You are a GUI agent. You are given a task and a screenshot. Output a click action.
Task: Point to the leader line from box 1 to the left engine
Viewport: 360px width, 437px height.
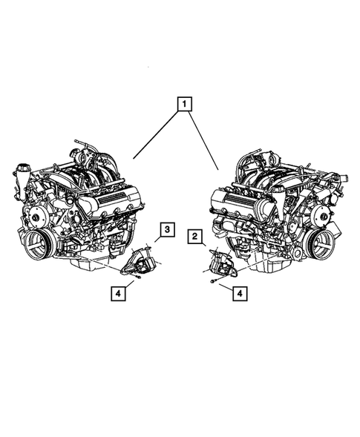point(152,134)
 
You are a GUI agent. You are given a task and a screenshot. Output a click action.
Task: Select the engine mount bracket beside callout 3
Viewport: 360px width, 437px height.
point(140,263)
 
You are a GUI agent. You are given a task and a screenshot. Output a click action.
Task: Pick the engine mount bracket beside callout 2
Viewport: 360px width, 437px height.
point(218,263)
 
